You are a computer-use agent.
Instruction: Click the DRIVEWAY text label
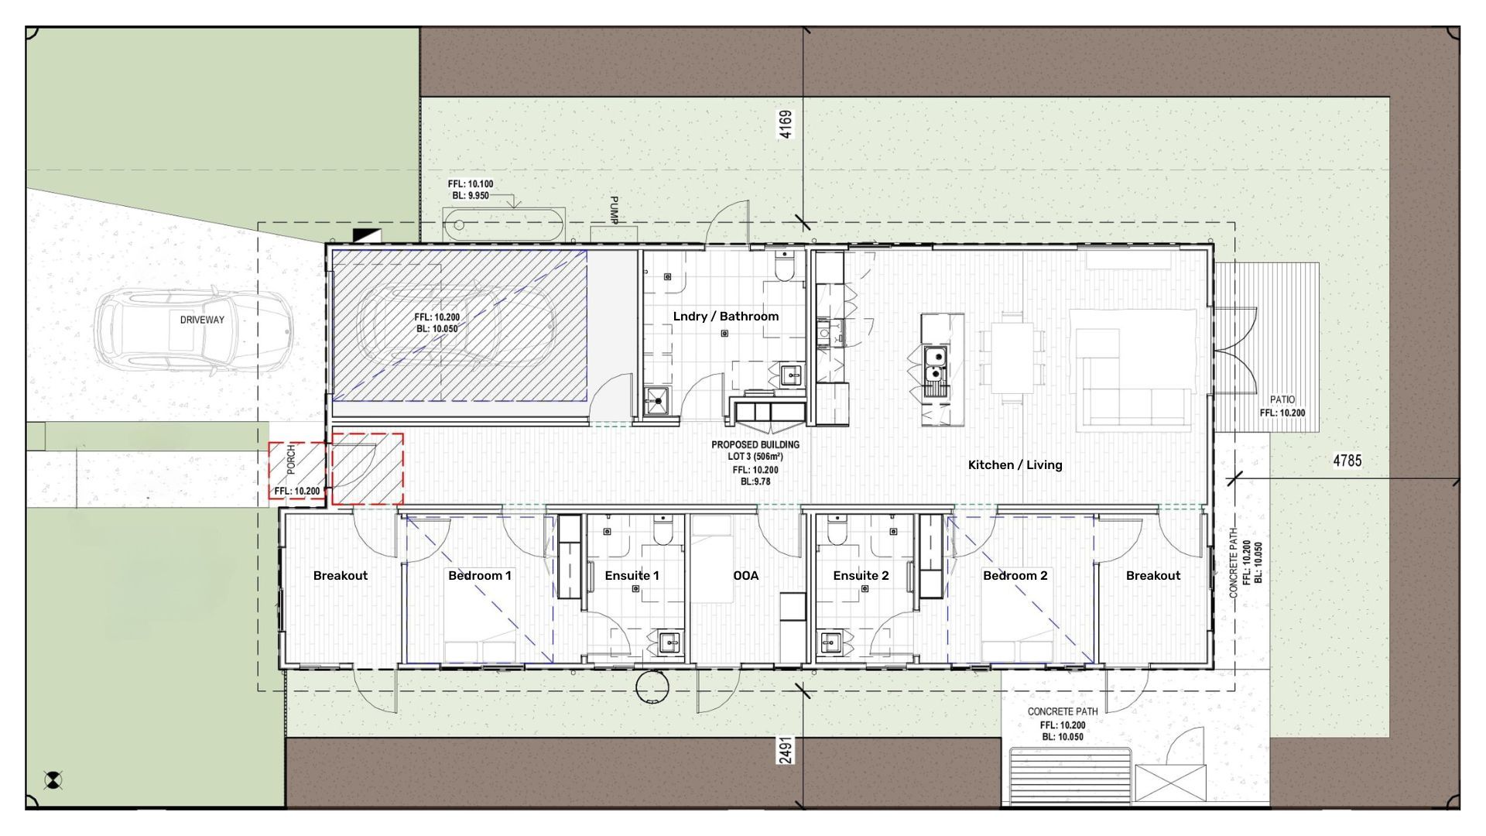tap(202, 320)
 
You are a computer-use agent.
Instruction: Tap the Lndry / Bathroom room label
tap(725, 316)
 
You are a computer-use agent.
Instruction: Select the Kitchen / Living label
tap(1015, 464)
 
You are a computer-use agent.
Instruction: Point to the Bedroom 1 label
tap(479, 575)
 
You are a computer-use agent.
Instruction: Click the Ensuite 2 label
tap(861, 575)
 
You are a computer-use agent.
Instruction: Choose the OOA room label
tap(745, 575)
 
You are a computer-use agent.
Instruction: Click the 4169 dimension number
tap(786, 125)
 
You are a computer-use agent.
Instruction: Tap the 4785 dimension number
tap(1347, 461)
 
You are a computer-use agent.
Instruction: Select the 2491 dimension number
tap(786, 750)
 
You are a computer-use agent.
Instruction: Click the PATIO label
tap(1282, 400)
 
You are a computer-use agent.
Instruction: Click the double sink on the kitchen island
tap(936, 370)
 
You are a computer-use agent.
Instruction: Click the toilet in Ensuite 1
tap(664, 531)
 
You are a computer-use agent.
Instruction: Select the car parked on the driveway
tap(194, 333)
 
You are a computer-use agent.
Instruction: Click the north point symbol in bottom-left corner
tap(53, 780)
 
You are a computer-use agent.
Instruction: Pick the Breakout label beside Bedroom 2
tap(1152, 575)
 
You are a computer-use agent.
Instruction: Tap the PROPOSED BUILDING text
tap(755, 445)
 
